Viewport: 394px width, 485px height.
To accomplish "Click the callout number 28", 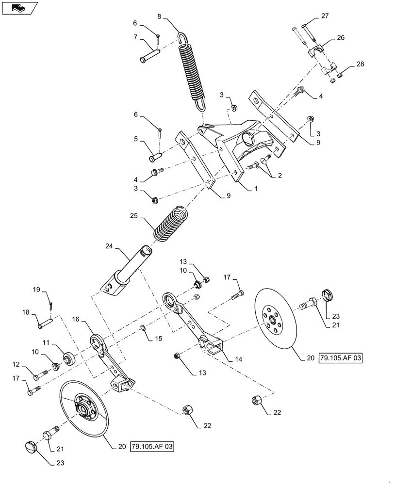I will pyautogui.click(x=360, y=64).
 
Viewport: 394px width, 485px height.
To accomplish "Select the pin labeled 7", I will pyautogui.click(x=150, y=54).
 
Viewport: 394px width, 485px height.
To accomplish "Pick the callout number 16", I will pyautogui.click(x=76, y=320).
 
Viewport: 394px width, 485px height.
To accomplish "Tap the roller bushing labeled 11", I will pyautogui.click(x=68, y=360).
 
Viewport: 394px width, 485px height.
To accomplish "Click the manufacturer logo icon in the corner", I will pyautogui.click(x=18, y=8).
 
